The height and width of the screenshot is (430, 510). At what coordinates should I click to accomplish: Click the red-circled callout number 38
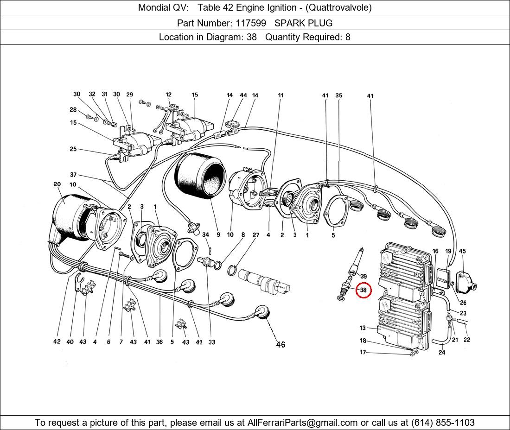[363, 290]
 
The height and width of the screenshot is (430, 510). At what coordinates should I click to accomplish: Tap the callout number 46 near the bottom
[280, 344]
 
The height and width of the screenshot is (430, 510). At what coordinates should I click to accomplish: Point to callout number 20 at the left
[57, 184]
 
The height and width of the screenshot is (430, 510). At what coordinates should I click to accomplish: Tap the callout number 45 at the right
[462, 251]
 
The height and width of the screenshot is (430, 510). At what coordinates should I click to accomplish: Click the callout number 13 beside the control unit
[363, 328]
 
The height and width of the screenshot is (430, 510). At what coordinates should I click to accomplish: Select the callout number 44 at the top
[243, 95]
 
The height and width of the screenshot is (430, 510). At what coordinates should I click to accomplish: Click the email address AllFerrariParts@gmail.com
[302, 423]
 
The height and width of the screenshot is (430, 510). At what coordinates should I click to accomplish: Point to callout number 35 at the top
[339, 95]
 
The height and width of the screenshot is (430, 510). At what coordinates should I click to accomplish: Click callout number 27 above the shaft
[255, 235]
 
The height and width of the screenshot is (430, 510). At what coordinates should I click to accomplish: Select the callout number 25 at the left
[73, 149]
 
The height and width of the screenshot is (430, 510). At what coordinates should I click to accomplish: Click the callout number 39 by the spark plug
[363, 276]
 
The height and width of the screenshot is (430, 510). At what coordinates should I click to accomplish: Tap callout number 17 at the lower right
[363, 352]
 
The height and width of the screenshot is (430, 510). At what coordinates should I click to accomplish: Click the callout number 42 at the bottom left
[57, 342]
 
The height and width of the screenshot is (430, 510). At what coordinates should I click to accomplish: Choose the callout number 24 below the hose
[442, 352]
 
